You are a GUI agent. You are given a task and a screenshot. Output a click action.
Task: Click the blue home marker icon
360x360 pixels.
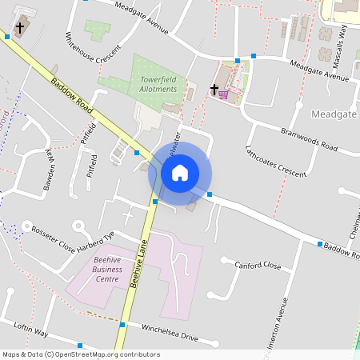click(180, 172)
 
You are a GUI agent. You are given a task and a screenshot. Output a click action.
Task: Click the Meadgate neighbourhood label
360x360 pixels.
click(334, 114)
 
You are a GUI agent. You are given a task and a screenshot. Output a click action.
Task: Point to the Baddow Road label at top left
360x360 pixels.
click(71, 94)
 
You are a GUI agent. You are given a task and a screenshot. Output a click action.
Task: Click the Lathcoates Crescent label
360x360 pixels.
click(275, 160)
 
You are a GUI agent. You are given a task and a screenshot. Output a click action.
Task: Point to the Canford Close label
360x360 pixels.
click(257, 264)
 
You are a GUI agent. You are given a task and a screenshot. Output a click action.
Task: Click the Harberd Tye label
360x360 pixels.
click(96, 238)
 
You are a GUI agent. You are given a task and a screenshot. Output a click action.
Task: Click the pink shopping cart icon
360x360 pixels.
click(223, 94)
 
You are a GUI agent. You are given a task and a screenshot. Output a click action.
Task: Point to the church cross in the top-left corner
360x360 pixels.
click(20, 28)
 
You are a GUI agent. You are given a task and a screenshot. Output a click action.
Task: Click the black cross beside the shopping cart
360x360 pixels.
click(214, 90)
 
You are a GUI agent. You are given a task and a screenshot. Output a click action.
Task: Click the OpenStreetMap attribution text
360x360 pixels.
click(81, 354)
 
